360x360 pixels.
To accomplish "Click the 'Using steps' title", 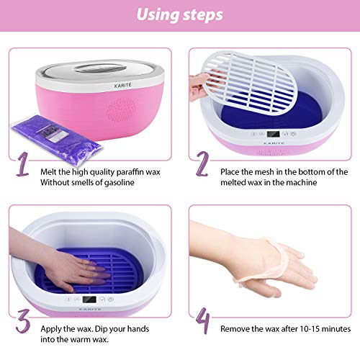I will pyautogui.click(x=179, y=14).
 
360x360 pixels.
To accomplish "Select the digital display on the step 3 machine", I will pyautogui.click(x=89, y=300).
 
